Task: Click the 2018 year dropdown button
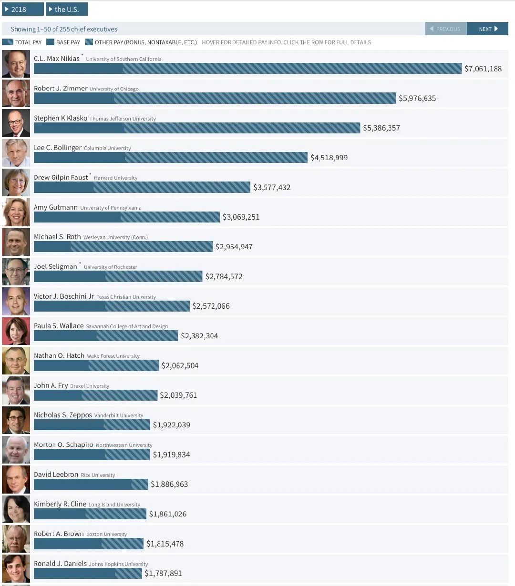coord(22,10)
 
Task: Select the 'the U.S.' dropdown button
coord(66,10)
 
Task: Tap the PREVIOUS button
coord(445,29)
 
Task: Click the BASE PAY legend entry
coord(63,42)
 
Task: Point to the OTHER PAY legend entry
coord(141,42)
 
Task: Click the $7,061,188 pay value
coord(483,69)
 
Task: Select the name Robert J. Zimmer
coord(61,89)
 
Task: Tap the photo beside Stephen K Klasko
coord(16,123)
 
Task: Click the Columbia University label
coord(107,148)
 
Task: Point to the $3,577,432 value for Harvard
coord(272,187)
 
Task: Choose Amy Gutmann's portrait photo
coord(16,212)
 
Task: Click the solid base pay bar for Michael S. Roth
coord(52,247)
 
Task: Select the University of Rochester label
coord(110,267)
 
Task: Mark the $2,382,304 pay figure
coord(199,336)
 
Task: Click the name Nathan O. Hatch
coord(59,356)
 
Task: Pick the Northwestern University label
coord(124,445)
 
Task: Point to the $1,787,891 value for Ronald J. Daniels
coord(163,574)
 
